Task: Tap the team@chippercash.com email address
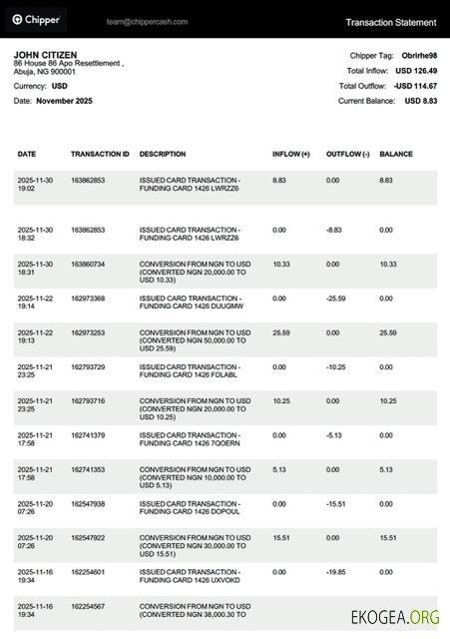(143, 20)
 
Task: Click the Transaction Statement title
(390, 22)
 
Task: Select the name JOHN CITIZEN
(46, 55)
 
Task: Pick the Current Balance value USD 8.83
(419, 101)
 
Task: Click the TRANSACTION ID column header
(100, 155)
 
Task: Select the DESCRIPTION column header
(163, 155)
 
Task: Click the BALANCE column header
(395, 155)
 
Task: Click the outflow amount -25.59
(336, 299)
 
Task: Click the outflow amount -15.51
(336, 504)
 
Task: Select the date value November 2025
(66, 101)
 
